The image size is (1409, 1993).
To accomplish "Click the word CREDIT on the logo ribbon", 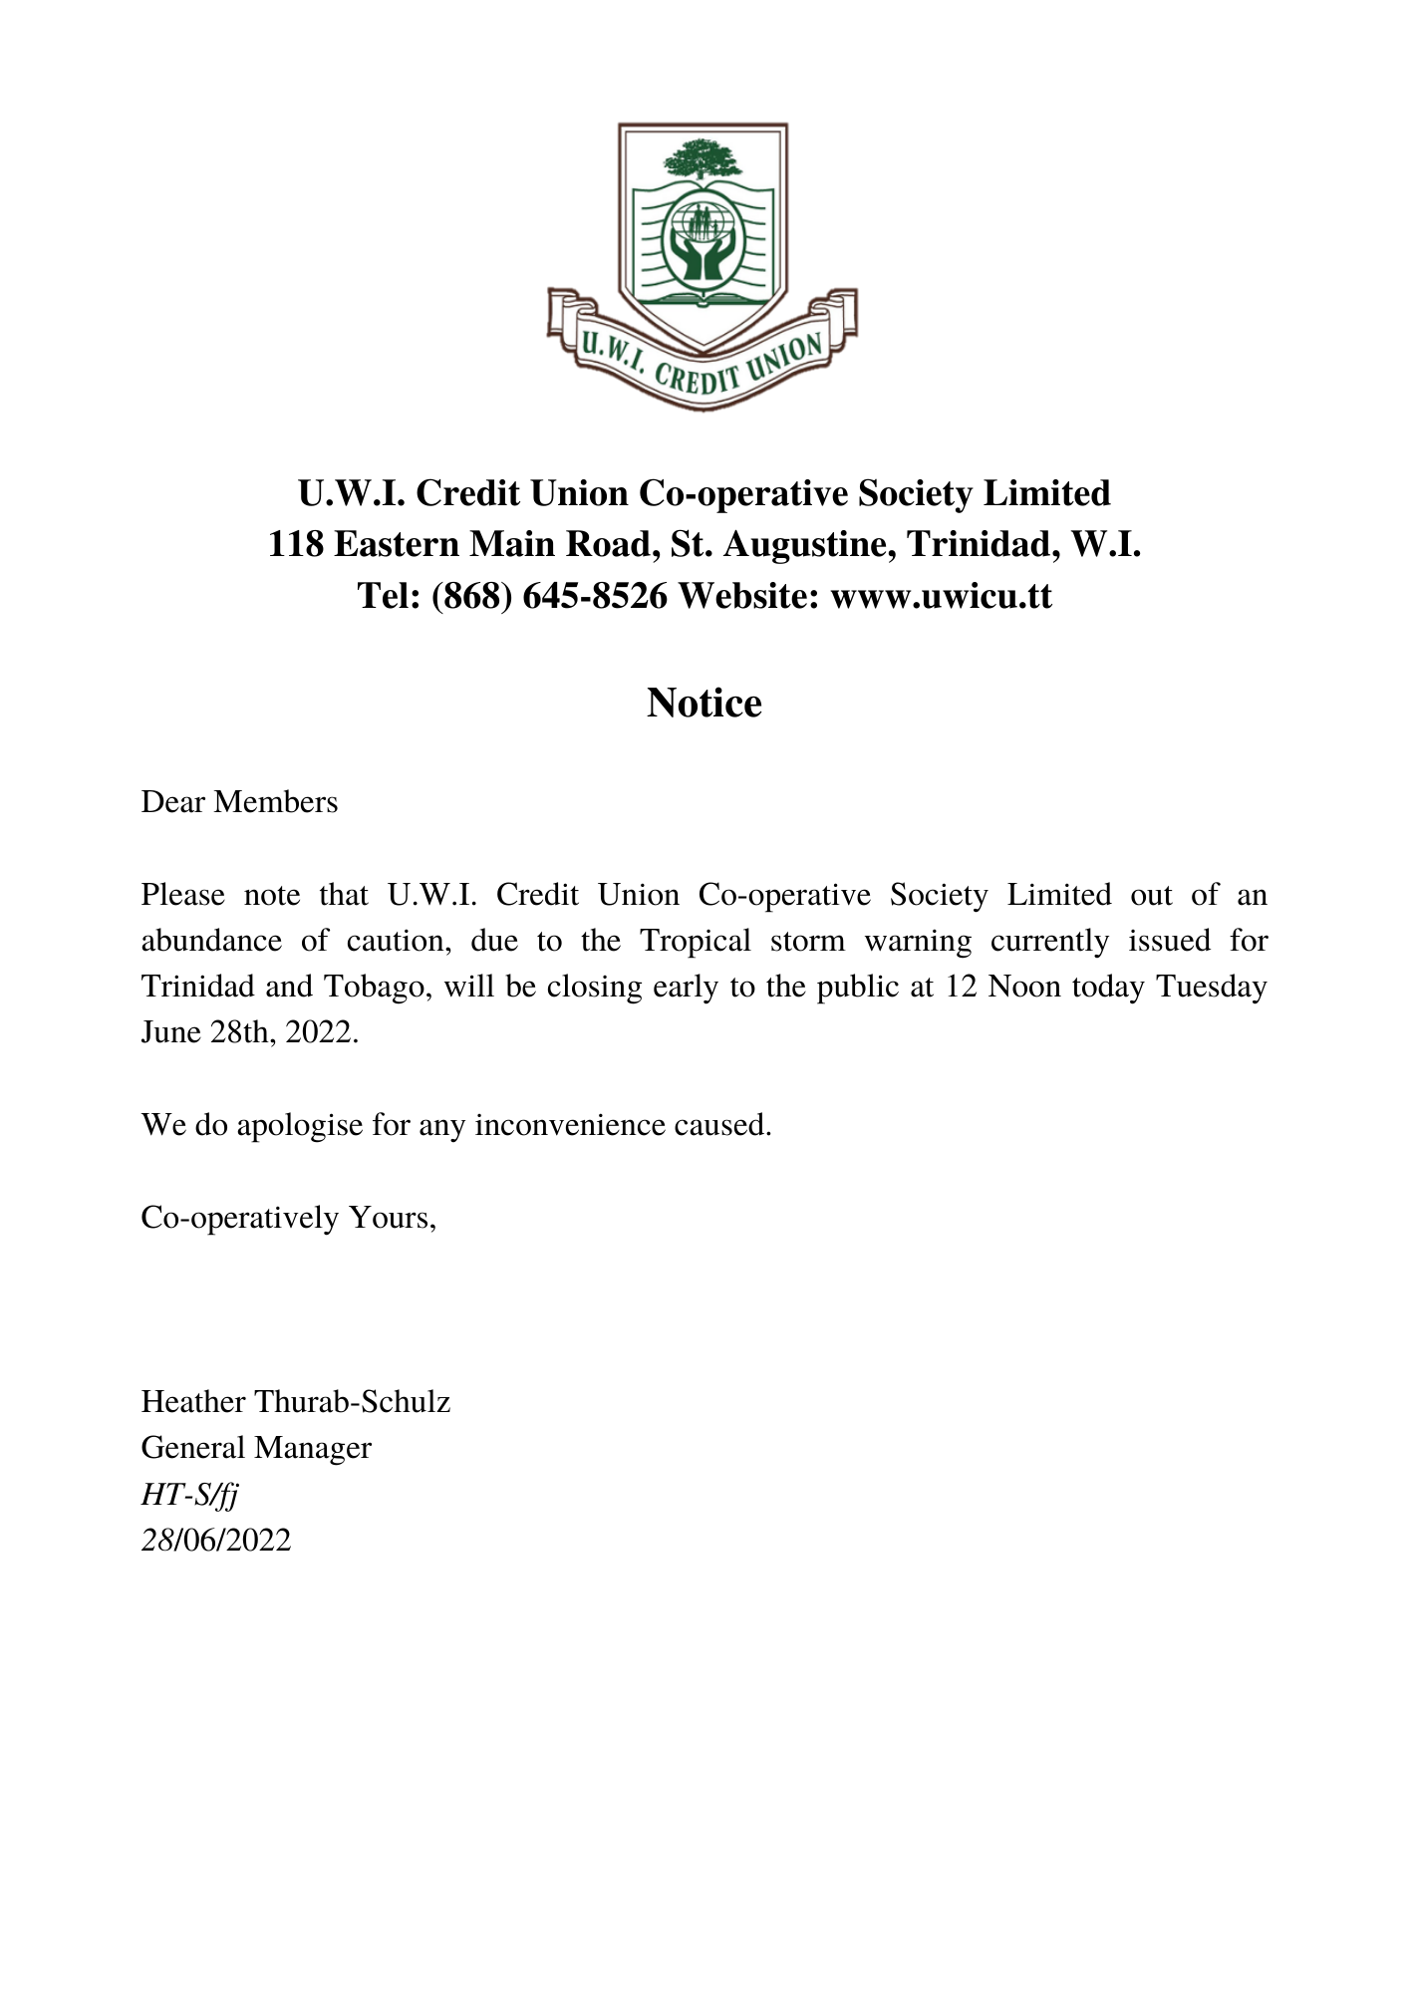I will pos(694,377).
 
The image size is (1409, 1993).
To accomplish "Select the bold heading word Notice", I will pos(704,704).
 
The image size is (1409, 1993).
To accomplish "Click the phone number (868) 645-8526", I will pos(549,596).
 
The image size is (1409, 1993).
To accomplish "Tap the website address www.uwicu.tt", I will pos(941,596).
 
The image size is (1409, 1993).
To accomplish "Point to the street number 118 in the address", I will pos(295,545).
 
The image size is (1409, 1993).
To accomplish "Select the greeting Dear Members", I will pos(239,802).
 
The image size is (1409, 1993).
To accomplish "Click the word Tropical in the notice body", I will pos(696,941).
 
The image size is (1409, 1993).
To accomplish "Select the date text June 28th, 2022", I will pos(249,1032).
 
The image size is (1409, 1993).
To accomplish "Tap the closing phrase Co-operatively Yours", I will pos(288,1218).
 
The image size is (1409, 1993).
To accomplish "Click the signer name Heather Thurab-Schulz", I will pos(296,1402).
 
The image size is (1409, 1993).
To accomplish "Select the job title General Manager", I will pos(256,1448).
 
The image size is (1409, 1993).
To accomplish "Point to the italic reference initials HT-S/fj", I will pos(189,1495).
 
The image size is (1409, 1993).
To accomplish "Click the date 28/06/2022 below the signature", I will pos(216,1541).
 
